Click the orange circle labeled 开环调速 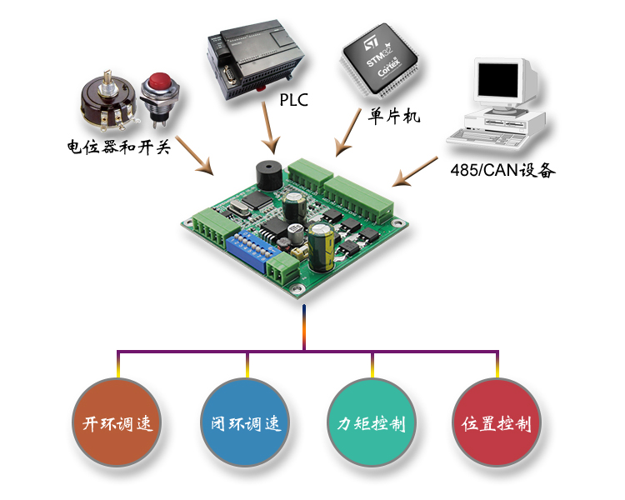pyautogui.click(x=117, y=423)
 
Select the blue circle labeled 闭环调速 pyautogui.click(x=242, y=423)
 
